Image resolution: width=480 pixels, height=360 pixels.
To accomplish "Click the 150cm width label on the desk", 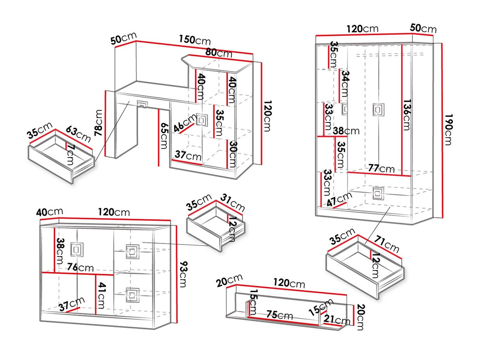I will click(x=194, y=40).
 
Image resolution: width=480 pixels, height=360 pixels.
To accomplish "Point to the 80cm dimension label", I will click(x=219, y=52).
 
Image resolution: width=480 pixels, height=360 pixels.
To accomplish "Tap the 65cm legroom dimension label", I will click(x=164, y=136).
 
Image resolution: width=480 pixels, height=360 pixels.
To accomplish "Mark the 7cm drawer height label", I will click(x=70, y=155).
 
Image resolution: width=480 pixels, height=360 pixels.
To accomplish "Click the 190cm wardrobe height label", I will click(x=448, y=129).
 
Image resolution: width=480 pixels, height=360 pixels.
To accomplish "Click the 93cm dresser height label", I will click(x=183, y=274).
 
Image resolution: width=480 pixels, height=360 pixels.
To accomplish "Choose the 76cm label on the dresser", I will click(x=80, y=267).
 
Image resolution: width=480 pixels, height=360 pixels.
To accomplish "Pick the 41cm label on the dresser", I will click(x=101, y=296).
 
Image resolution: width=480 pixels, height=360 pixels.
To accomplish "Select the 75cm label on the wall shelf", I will click(x=279, y=315).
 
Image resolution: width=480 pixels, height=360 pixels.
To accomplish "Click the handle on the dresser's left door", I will click(x=77, y=249).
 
